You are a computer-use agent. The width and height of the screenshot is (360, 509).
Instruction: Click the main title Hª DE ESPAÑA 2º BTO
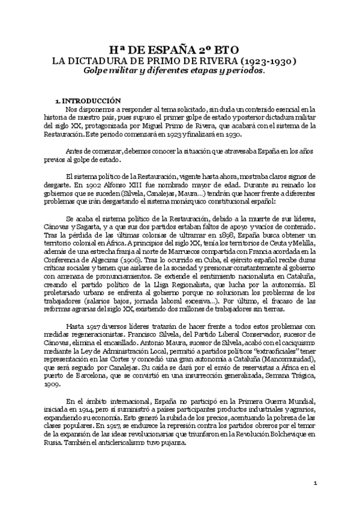(180, 50)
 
